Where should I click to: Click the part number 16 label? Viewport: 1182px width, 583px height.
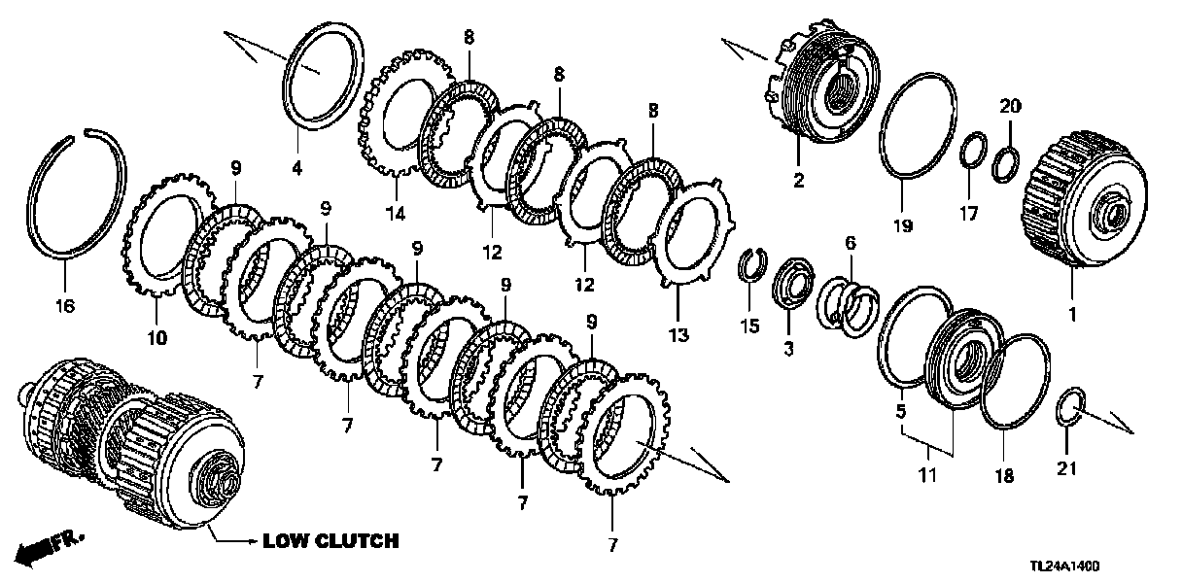[x=64, y=305]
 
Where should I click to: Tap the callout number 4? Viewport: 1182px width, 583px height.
[x=297, y=169]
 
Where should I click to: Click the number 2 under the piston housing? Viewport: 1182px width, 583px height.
[x=798, y=181]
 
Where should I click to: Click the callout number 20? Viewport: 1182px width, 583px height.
[x=1009, y=105]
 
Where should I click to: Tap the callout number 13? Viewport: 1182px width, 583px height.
[x=678, y=335]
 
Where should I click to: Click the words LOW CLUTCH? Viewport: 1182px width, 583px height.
[x=330, y=541]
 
